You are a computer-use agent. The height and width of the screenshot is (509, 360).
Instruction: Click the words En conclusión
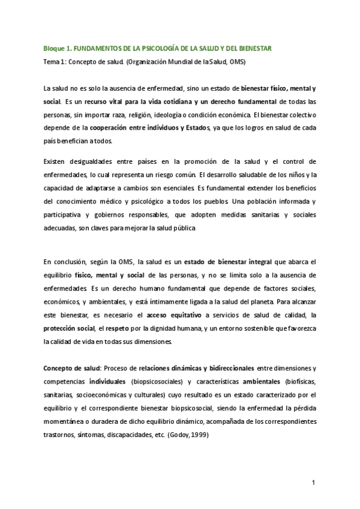click(66, 262)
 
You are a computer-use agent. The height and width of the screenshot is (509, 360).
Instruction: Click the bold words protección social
click(69, 328)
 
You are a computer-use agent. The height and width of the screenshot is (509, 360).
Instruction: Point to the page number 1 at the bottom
click(314, 482)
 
